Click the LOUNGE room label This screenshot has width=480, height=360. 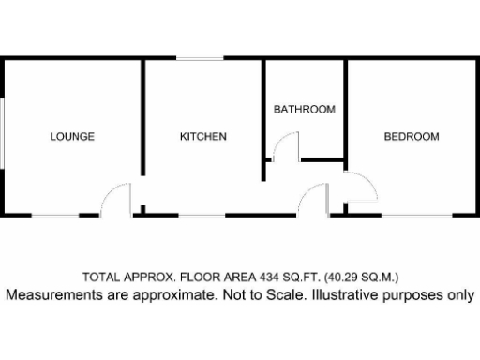click(72, 137)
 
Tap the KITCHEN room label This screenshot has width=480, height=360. click(203, 137)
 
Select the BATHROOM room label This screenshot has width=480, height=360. click(304, 110)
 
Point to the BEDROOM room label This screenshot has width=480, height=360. click(412, 137)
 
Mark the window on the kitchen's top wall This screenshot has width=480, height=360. click(200, 60)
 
